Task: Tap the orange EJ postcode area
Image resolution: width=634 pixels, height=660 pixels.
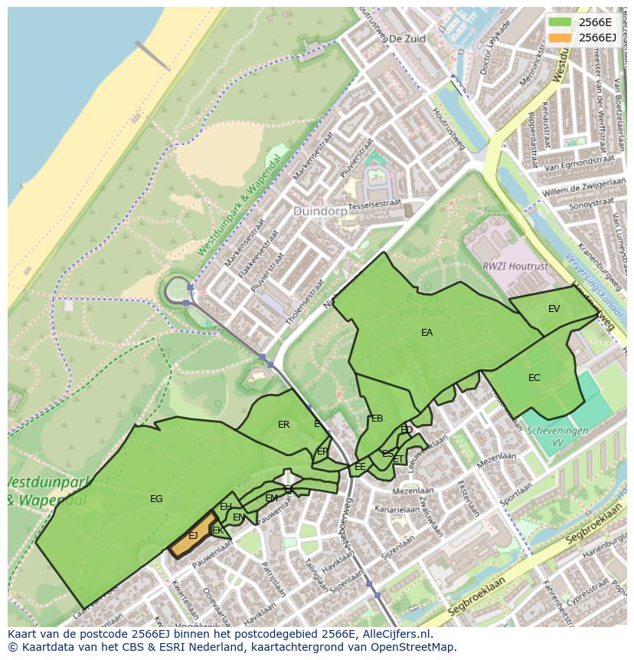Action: [x=193, y=536]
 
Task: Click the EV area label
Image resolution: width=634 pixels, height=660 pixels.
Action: [x=554, y=309]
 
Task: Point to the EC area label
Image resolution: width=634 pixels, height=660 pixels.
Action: [x=534, y=378]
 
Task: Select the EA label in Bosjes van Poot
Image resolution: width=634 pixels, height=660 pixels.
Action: [x=426, y=333]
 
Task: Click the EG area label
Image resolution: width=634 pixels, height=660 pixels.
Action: [x=156, y=499]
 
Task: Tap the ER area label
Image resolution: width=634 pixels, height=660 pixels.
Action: [x=283, y=425]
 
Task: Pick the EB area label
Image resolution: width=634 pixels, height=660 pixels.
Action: [x=377, y=419]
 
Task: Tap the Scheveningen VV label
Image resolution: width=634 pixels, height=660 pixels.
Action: [x=557, y=435]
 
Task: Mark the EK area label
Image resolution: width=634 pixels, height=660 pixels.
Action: [x=217, y=530]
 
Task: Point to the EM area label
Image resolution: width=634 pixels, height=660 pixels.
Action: [x=271, y=498]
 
